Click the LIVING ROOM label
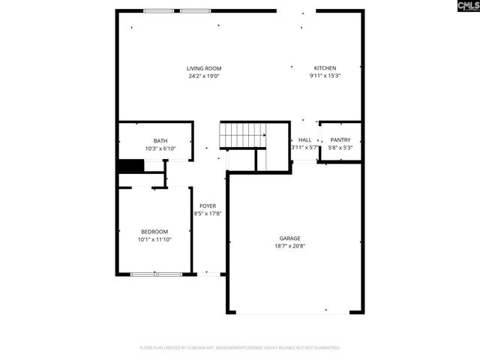(x=204, y=68)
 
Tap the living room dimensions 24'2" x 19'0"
(x=204, y=76)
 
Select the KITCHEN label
(x=325, y=68)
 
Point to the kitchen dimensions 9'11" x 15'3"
(x=325, y=76)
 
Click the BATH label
(x=160, y=140)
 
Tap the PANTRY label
(x=340, y=139)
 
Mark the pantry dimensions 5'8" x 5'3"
(x=340, y=147)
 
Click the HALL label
(x=304, y=139)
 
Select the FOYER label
(x=208, y=205)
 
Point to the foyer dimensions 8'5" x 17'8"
(x=208, y=213)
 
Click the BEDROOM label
(x=154, y=232)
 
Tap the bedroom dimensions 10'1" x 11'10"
(x=154, y=239)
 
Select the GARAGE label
(x=290, y=238)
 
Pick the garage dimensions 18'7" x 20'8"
(x=290, y=245)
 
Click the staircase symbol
(x=242, y=136)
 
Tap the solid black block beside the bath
(x=125, y=166)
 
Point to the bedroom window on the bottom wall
(x=156, y=274)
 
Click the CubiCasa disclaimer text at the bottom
(x=240, y=348)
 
